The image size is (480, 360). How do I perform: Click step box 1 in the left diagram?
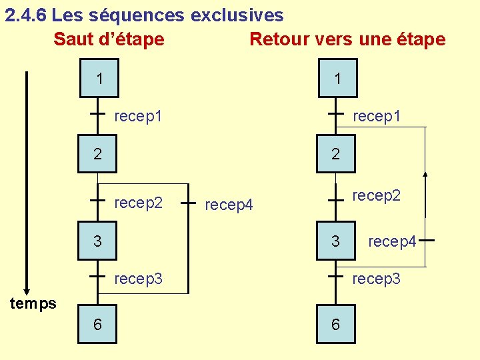pyautogui.click(x=98, y=78)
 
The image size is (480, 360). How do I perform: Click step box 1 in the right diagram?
pyautogui.click(x=337, y=78)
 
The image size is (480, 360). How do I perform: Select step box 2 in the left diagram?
pyautogui.click(x=98, y=154)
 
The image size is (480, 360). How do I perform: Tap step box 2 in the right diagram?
pyautogui.click(x=336, y=154)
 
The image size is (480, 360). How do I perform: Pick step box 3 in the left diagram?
pyautogui.click(x=98, y=241)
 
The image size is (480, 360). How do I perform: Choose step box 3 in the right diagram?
pyautogui.click(x=336, y=241)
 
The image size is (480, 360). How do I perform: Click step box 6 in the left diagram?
pyautogui.click(x=98, y=324)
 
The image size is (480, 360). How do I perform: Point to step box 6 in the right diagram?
pyautogui.click(x=335, y=324)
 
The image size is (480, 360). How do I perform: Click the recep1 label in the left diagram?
pyautogui.click(x=138, y=117)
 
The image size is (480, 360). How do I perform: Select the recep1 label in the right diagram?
pyautogui.click(x=376, y=117)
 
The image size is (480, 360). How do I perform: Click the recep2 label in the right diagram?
pyautogui.click(x=376, y=195)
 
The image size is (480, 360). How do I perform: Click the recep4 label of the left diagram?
pyautogui.click(x=229, y=205)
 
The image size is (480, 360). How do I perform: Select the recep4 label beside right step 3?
pyautogui.click(x=392, y=241)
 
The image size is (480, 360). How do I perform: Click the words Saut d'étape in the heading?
pyautogui.click(x=109, y=39)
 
